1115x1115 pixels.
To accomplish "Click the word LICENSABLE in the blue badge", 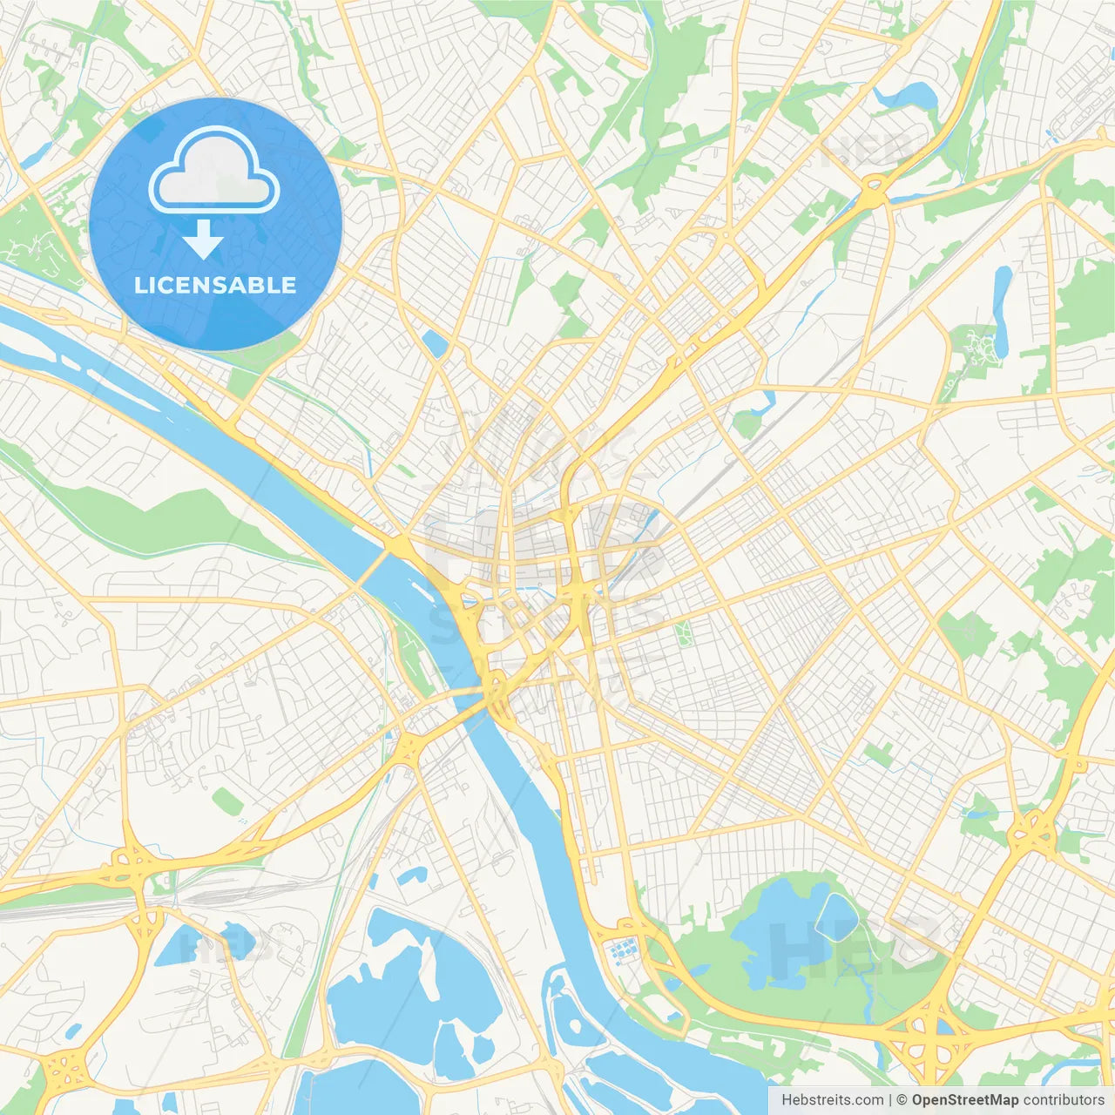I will [x=215, y=285].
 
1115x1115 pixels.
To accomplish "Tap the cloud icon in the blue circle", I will [x=214, y=169].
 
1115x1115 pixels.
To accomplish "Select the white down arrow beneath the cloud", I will [x=203, y=240].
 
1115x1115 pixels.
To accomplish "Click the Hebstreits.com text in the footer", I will [x=832, y=1100].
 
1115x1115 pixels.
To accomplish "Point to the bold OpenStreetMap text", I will [x=965, y=1100].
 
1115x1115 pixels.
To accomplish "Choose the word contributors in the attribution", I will [x=1064, y=1100].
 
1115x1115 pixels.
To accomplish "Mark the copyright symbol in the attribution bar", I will [x=902, y=1100].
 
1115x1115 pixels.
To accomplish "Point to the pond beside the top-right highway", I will [x=906, y=94].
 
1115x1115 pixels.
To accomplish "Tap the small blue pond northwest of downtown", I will [x=434, y=345].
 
